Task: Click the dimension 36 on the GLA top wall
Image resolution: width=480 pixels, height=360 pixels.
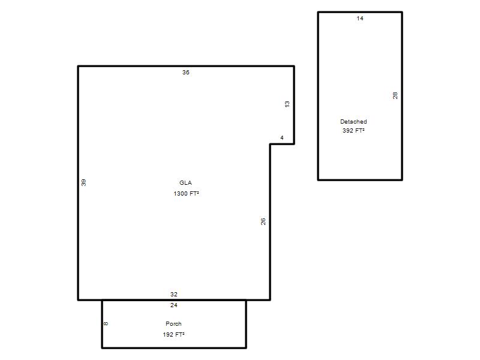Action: click(x=186, y=73)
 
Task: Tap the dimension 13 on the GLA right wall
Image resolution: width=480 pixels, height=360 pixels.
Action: click(x=287, y=104)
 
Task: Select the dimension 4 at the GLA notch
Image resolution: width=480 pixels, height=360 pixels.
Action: click(x=282, y=138)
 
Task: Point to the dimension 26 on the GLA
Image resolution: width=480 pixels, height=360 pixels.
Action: click(x=263, y=221)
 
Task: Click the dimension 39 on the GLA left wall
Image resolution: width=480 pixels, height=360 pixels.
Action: click(x=83, y=183)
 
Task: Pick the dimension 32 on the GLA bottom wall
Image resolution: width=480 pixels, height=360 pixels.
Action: click(x=174, y=295)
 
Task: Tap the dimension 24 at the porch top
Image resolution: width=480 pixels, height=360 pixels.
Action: click(x=174, y=305)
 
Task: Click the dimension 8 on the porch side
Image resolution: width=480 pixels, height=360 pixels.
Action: click(x=106, y=323)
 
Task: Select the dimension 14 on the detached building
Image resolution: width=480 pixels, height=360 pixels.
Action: click(x=360, y=19)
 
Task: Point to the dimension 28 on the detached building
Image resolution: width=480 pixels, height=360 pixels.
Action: click(x=395, y=95)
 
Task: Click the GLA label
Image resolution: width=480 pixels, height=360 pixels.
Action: click(x=185, y=183)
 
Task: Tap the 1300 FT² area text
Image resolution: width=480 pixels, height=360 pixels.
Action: click(x=186, y=193)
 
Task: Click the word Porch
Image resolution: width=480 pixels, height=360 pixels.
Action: click(x=173, y=323)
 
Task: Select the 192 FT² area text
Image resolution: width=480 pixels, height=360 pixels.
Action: click(x=173, y=335)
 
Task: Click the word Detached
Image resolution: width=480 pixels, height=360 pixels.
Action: click(x=353, y=122)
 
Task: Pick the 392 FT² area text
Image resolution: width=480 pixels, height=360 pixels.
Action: click(x=353, y=130)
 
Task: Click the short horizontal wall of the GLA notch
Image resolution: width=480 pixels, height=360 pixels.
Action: click(x=282, y=144)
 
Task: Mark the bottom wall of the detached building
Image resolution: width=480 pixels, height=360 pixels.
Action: click(x=360, y=179)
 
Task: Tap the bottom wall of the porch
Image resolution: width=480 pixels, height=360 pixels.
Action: click(x=174, y=348)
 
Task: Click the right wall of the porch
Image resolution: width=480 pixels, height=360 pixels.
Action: click(x=246, y=324)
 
